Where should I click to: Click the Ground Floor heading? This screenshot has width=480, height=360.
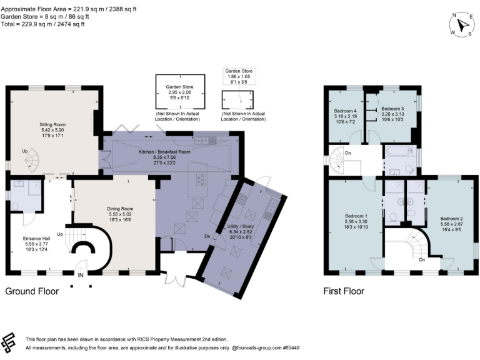(x=32, y=291)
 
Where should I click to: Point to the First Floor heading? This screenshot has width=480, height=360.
(x=343, y=291)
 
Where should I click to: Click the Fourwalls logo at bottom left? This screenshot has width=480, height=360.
(x=11, y=341)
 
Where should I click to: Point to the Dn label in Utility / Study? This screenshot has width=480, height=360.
(x=207, y=236)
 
